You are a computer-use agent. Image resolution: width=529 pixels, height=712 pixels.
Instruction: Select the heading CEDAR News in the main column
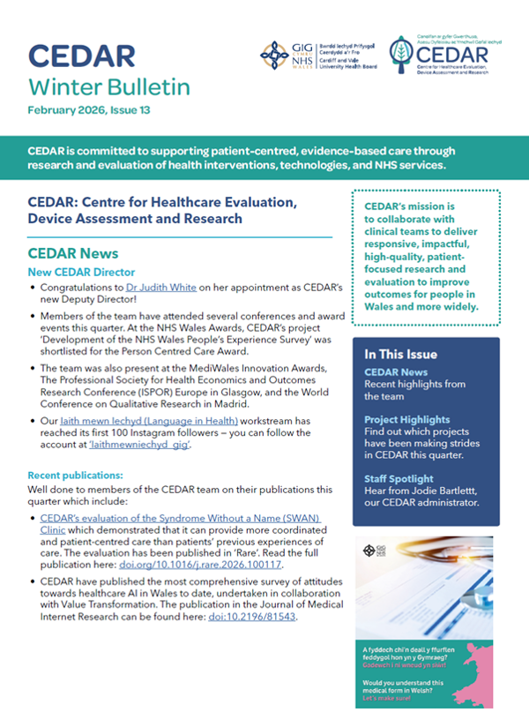tap(73, 253)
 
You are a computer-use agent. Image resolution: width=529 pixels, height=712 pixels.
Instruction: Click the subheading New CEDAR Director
tap(82, 271)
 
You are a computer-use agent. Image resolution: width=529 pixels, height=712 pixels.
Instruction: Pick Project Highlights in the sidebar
tap(407, 420)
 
